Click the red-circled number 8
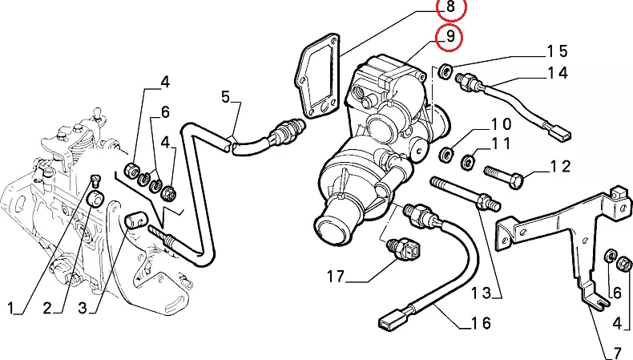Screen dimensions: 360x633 click(450, 9)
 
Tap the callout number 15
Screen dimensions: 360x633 click(557, 51)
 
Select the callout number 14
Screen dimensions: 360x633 click(557, 73)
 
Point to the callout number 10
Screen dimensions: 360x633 click(501, 124)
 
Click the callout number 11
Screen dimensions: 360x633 click(501, 145)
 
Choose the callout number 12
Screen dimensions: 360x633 click(559, 167)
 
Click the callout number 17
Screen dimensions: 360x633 click(336, 278)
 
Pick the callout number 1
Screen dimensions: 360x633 click(11, 308)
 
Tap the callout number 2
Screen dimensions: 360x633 click(46, 308)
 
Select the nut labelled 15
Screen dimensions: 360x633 click(446, 70)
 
